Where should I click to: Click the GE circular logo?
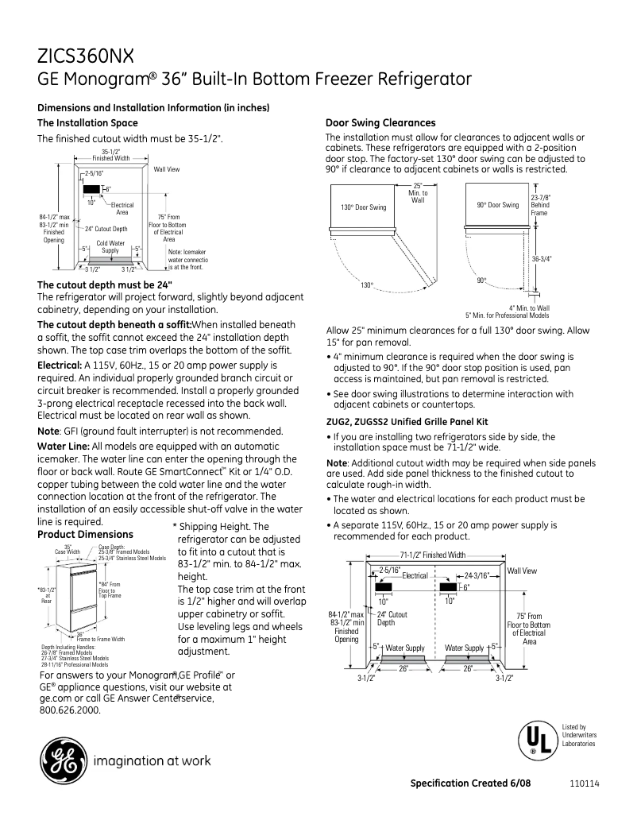coord(61,760)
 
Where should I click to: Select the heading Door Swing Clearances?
coord(380,122)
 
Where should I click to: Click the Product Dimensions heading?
coord(86,534)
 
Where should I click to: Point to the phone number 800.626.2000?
coord(70,710)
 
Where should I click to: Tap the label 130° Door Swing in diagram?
coord(364,207)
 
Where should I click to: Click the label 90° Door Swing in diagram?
coord(497,205)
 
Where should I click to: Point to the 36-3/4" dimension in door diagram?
coord(541,258)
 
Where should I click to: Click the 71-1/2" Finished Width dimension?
coord(432,555)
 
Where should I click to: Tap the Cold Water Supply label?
coord(110,246)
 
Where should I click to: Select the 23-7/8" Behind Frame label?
coord(540,204)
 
